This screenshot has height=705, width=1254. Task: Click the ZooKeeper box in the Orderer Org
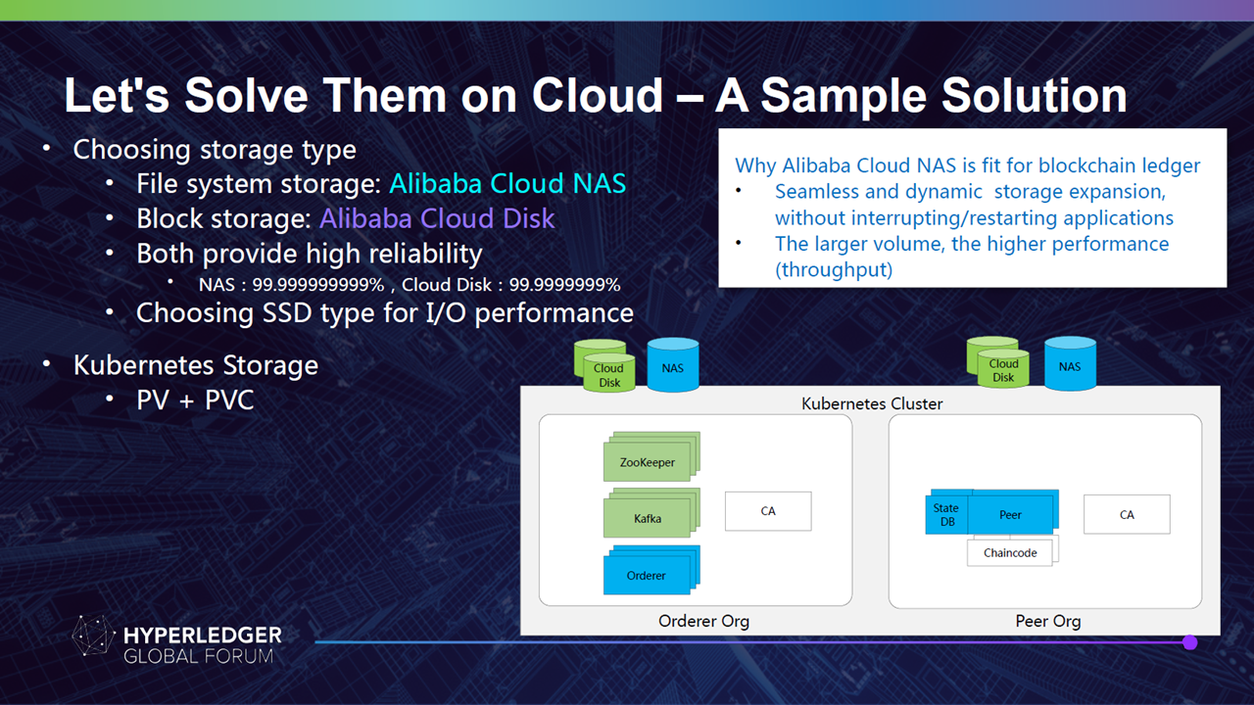coord(648,462)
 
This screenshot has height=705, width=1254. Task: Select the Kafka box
coord(648,518)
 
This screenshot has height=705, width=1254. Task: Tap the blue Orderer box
coord(647,575)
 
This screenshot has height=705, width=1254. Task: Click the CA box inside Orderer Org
coord(768,511)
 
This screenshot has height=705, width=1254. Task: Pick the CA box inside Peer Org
coord(1127,514)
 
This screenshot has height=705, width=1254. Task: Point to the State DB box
coord(946,514)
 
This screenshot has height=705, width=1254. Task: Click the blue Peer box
coord(1011,514)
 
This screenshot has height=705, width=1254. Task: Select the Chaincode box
coord(1010,553)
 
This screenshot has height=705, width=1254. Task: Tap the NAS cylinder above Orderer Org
coord(673,365)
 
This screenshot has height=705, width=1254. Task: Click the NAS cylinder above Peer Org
coord(1070,363)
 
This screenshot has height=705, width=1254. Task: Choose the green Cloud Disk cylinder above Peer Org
coord(998,362)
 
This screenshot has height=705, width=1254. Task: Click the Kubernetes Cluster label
coord(872,403)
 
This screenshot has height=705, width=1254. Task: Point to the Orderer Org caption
coord(703,621)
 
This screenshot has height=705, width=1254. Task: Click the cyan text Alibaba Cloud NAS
coord(507,183)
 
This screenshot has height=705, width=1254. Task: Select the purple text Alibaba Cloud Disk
coord(437,218)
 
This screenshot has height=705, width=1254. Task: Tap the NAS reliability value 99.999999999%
coord(318,285)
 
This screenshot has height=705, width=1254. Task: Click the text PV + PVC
coord(195,400)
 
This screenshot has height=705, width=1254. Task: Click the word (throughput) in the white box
coord(834,269)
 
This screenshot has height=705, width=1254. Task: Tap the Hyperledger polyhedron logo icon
coord(93,635)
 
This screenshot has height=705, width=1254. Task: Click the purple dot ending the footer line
coord(1190,642)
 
